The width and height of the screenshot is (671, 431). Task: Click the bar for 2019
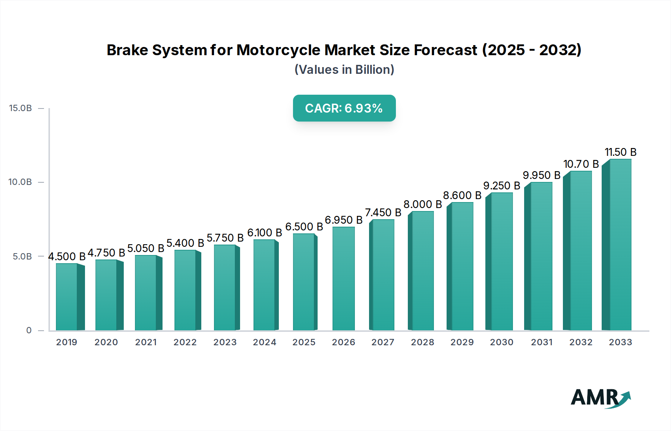click(67, 297)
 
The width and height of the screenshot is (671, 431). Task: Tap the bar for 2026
click(343, 279)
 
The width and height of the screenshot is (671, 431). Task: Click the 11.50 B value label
click(620, 152)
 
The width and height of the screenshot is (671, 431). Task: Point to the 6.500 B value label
click(304, 227)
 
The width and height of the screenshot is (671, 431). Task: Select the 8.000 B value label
click(422, 204)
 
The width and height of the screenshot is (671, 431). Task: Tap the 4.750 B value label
click(106, 253)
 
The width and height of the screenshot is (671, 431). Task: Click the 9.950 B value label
click(541, 175)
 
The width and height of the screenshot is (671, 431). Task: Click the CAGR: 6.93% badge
click(344, 108)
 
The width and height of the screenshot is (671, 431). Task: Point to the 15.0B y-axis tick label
click(21, 108)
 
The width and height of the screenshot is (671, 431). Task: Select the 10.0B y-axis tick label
click(21, 182)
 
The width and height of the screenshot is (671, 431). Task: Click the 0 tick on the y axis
click(29, 330)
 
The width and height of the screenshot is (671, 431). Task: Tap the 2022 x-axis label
click(185, 342)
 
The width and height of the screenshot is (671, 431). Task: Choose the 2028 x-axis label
click(422, 342)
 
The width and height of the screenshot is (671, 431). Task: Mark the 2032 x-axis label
click(581, 342)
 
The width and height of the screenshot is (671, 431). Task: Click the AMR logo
click(600, 398)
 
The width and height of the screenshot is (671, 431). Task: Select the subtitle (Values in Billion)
click(344, 70)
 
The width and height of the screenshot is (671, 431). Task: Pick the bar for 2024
click(264, 285)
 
